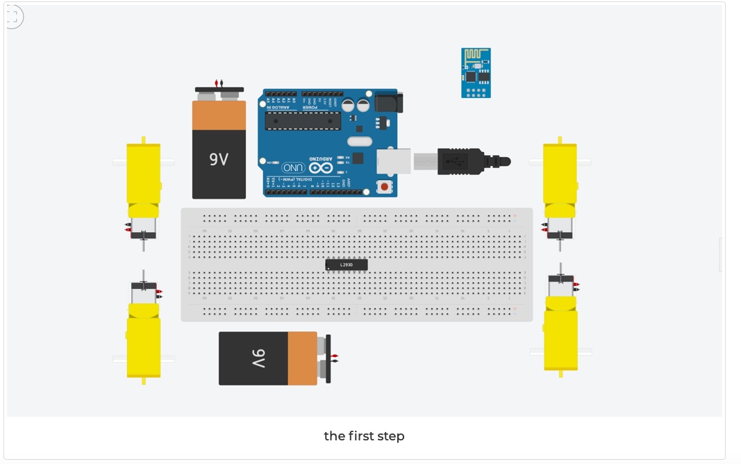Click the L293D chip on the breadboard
coord(347,265)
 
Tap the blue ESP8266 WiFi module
coord(476,73)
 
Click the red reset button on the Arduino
coord(383,186)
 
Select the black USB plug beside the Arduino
coord(462,161)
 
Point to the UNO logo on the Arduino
coord(293,168)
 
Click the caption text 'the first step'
coord(364,436)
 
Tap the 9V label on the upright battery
coord(219,159)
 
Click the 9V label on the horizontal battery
coord(258,358)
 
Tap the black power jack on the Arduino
coord(388,103)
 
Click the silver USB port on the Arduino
coord(393,160)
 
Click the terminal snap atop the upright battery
coord(219,89)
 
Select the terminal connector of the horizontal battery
coord(327,358)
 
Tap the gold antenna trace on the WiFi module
coord(476,54)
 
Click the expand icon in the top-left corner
coord(13,17)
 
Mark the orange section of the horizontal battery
coord(302,358)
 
